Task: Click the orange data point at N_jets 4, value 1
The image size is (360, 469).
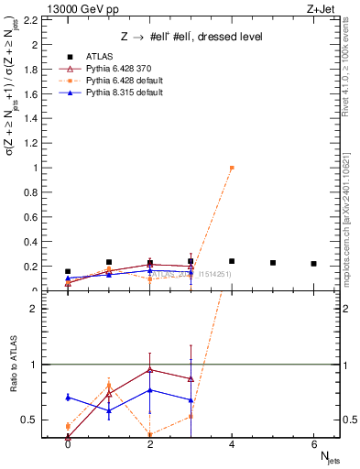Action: coord(232,168)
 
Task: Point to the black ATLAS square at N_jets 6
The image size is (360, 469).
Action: coord(313,264)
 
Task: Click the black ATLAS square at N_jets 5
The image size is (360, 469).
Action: coord(273,263)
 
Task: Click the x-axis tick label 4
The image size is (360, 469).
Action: coord(232,444)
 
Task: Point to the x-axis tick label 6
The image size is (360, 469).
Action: coord(313,444)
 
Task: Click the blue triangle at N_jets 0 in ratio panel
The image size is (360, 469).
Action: coord(68,397)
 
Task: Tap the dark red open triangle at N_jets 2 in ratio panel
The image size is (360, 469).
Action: coord(149,370)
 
